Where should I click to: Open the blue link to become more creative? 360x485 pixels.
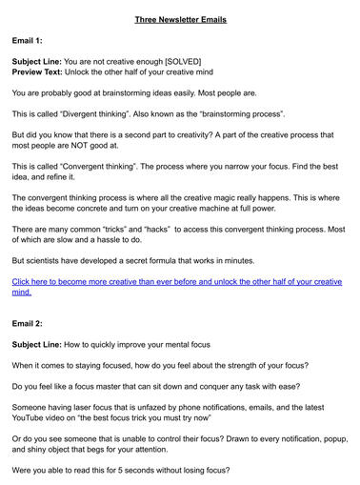click(176, 287)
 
